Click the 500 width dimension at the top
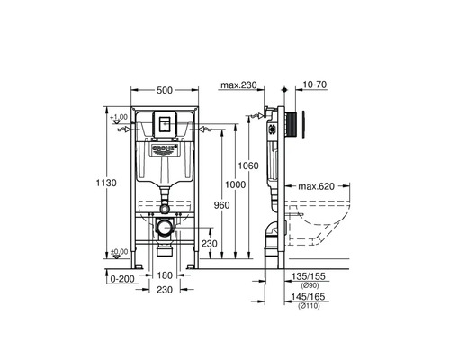(165, 90)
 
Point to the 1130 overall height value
(106, 183)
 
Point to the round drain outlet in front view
(164, 230)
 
